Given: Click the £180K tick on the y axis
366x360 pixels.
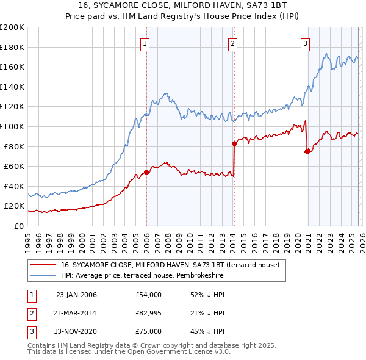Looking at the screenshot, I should [12, 47].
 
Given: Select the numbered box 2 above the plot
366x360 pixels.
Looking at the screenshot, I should [233, 43].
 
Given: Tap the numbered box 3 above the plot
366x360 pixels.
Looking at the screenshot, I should [305, 43].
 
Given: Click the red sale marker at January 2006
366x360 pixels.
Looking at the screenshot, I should [147, 172].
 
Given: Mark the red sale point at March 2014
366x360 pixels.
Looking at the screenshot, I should [234, 143].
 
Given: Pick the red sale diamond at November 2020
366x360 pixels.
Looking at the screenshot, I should [306, 151].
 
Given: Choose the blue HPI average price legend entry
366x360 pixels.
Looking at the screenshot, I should [142, 276].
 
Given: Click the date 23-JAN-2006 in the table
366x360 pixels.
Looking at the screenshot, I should [76, 295].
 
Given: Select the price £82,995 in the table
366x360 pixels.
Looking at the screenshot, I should [149, 313].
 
